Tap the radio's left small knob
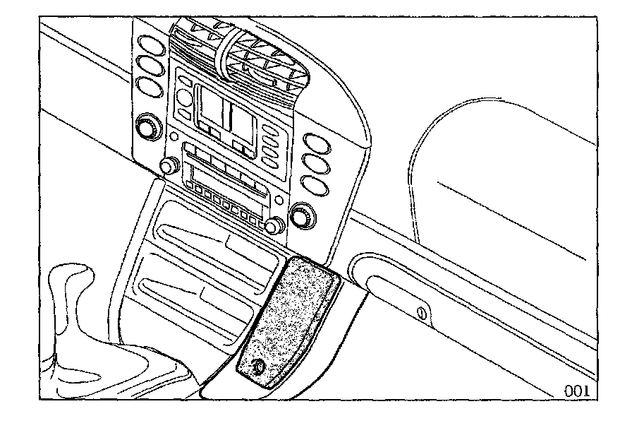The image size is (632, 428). click(x=169, y=166)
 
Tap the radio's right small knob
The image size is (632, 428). click(x=273, y=226)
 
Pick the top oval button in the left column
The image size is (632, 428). click(x=148, y=42)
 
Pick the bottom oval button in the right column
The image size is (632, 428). click(x=312, y=186)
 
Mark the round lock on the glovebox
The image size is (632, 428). click(x=422, y=311)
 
